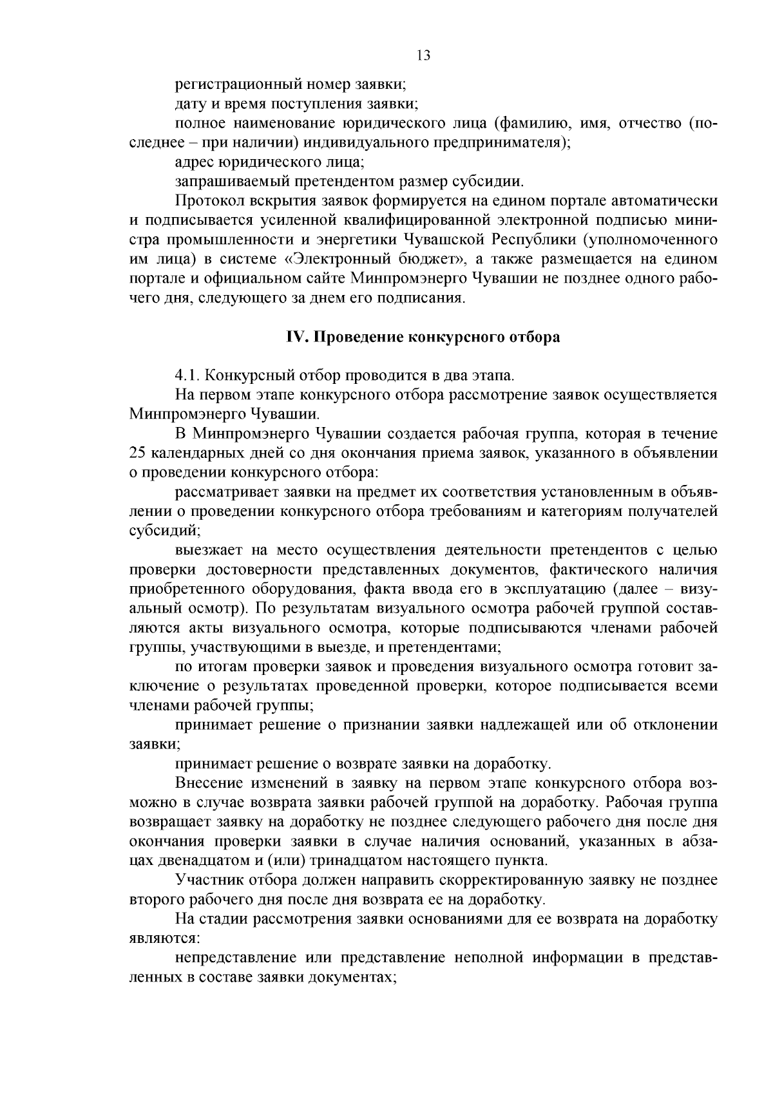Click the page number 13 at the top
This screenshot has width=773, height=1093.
[x=423, y=55]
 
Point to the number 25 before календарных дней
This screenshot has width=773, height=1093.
[x=138, y=453]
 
